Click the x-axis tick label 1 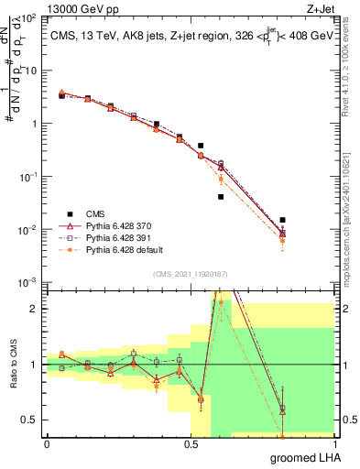click(334, 445)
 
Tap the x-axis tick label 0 click(47, 445)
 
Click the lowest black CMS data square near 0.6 click(221, 197)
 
